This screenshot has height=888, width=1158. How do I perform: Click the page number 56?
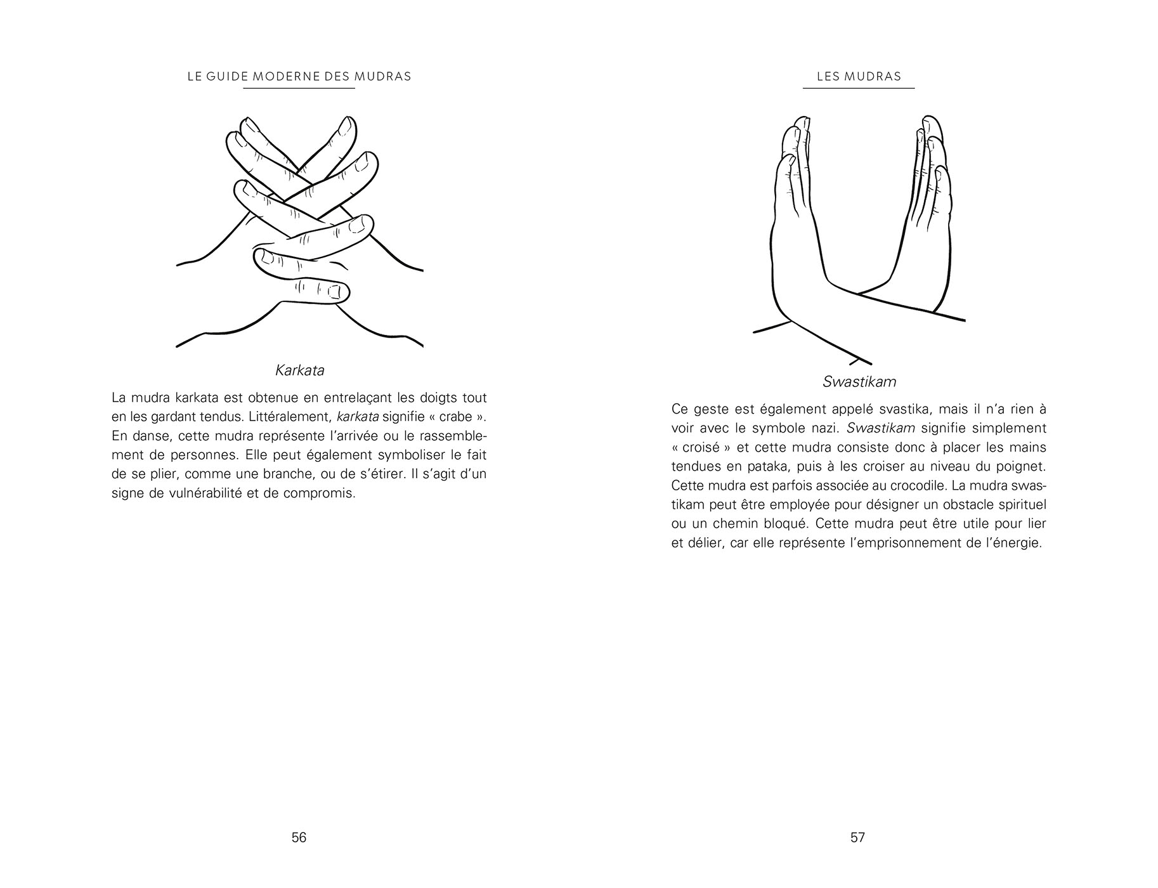pos(299,837)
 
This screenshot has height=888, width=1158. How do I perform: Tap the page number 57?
pos(857,837)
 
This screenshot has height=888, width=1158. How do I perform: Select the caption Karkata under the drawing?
pos(300,370)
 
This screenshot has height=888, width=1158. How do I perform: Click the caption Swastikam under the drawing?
pos(859,382)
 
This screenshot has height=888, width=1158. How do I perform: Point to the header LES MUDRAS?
pos(859,77)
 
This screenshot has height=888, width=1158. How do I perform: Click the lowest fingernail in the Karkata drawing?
pos(334,292)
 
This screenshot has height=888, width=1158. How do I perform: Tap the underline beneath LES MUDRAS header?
pos(859,88)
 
